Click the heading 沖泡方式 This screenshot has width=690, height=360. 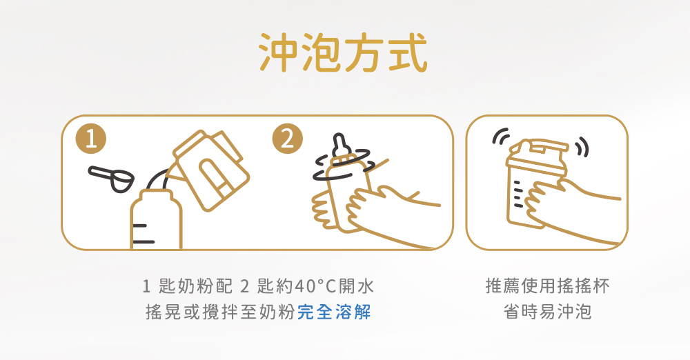(343, 52)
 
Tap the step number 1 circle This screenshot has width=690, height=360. (91, 139)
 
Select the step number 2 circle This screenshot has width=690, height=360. (287, 139)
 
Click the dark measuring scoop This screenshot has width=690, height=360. (112, 178)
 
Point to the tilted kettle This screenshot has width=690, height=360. (210, 170)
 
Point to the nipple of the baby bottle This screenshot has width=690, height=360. (339, 146)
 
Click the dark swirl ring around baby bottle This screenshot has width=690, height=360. (342, 165)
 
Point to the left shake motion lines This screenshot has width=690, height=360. (501, 136)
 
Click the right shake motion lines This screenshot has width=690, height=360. (582, 147)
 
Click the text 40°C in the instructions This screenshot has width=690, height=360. (315, 286)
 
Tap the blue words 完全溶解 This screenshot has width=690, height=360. (335, 312)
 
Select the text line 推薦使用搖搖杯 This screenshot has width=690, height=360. (547, 286)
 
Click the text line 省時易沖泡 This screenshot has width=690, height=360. (547, 312)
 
